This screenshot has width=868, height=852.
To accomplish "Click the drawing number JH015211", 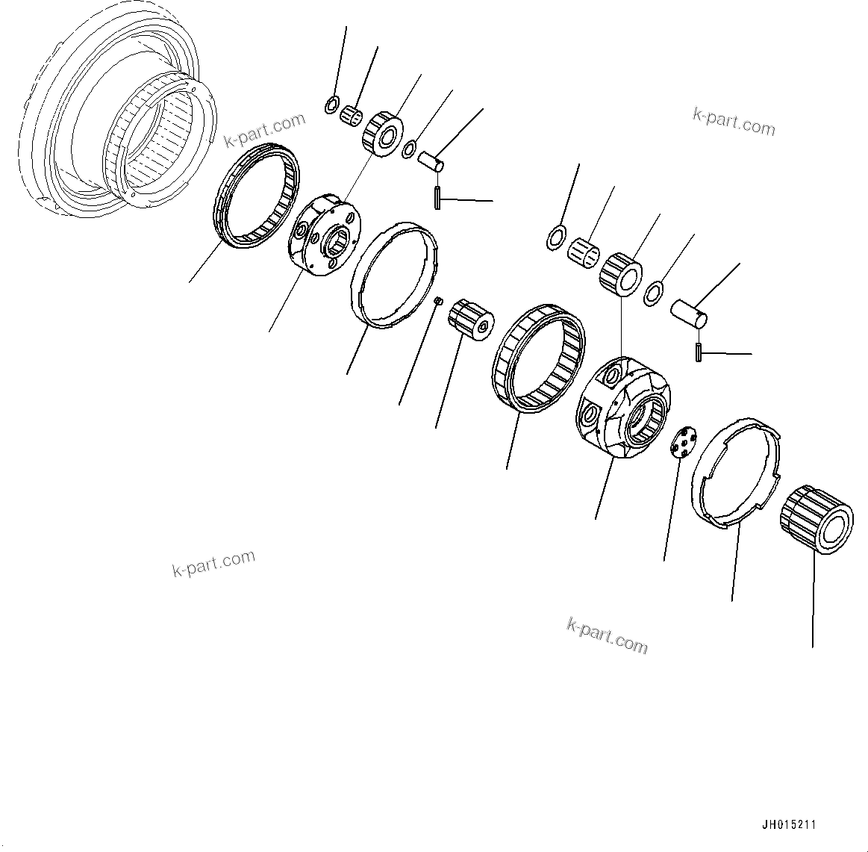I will click(x=788, y=825).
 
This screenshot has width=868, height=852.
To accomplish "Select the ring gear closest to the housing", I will click(x=257, y=196).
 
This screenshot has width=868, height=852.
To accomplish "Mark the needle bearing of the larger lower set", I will click(x=585, y=249).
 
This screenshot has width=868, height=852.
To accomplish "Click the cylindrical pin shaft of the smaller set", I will click(x=431, y=160).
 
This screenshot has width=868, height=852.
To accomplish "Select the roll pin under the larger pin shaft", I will click(x=698, y=352).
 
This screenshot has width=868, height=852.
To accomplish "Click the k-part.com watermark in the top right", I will click(x=734, y=121).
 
